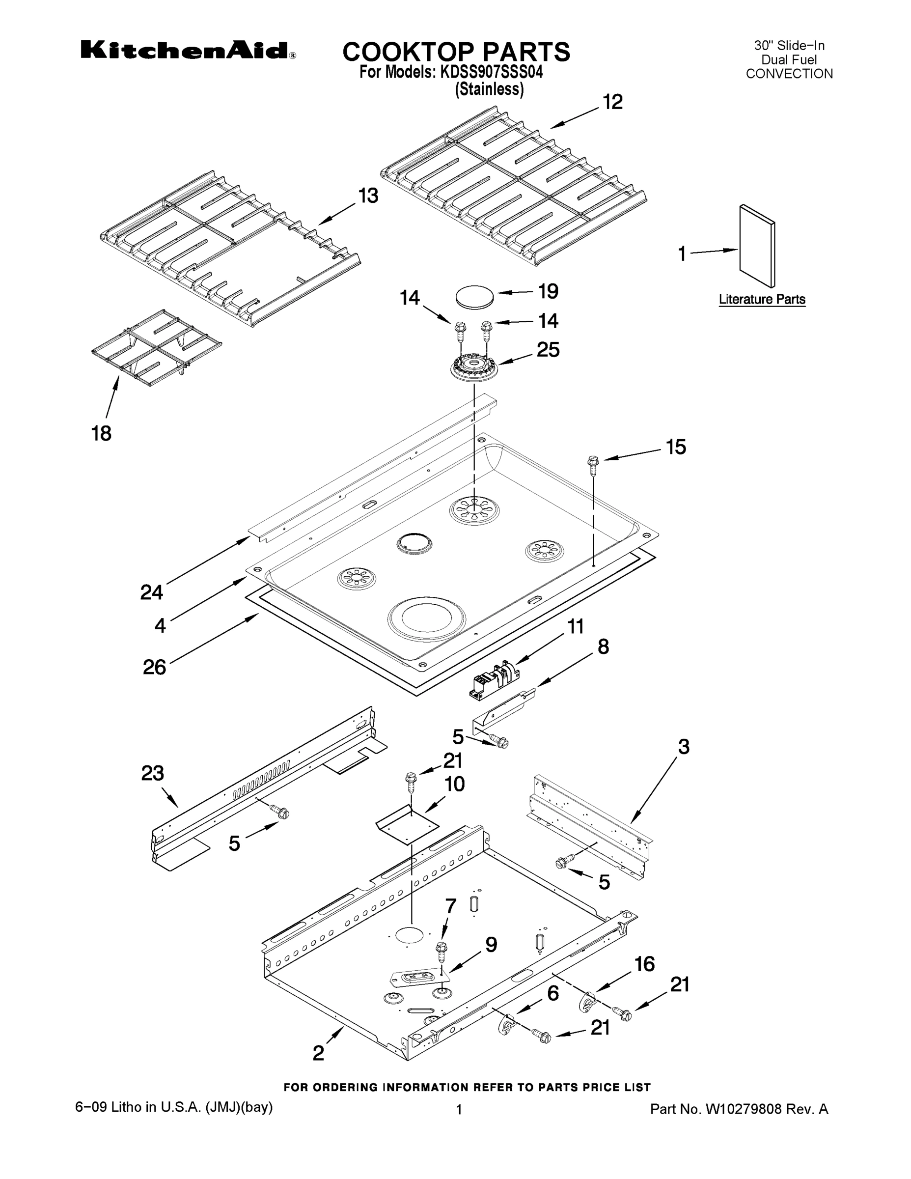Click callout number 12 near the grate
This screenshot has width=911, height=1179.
612,102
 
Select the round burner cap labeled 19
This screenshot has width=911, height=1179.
474,297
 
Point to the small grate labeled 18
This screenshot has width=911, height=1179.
157,343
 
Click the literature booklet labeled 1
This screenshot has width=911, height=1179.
757,246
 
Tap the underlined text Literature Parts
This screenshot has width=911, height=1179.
762,299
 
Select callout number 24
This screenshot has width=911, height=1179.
152,592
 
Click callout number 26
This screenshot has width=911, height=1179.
154,667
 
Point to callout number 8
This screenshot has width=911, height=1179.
603,646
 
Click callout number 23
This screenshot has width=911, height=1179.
152,773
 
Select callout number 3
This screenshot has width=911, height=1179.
683,747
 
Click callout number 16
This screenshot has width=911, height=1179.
644,964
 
